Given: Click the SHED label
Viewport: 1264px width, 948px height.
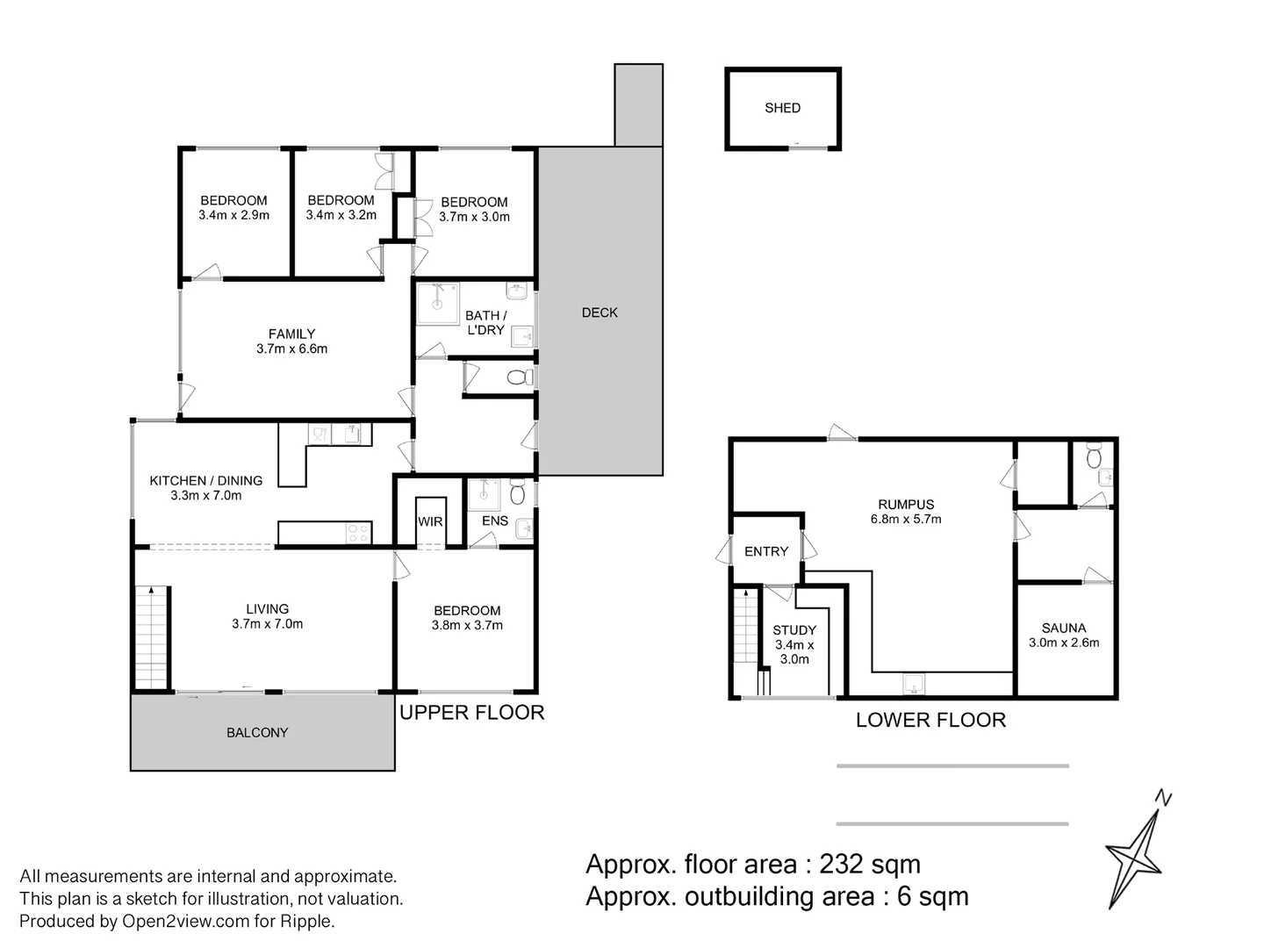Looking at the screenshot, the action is coord(782,108).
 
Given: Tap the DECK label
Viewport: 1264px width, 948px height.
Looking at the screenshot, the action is coord(599,312).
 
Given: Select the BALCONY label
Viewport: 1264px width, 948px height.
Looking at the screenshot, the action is coord(257,732).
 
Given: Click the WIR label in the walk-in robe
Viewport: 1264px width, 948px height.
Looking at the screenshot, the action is coord(430,521).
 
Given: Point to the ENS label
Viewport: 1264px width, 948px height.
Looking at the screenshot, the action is coord(495,521).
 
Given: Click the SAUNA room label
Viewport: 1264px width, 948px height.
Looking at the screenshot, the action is coord(1063,628).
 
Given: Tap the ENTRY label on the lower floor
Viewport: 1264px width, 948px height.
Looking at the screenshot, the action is coord(766,551).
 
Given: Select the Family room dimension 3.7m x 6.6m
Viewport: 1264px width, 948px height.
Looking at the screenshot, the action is coord(291,348).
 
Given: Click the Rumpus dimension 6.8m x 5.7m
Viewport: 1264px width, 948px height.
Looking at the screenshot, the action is coord(905,519).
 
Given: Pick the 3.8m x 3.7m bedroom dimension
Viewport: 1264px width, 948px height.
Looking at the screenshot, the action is coord(467,625).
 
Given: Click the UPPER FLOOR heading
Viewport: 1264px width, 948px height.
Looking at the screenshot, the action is coord(471,713).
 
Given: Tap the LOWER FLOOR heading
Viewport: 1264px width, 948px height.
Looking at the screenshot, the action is coord(930,720).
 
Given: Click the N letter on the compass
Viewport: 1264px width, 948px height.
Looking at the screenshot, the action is coord(1163,798).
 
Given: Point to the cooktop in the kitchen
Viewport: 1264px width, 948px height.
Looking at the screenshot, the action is coord(358,533).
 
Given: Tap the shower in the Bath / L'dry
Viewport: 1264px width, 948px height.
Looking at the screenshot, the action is coord(438,304).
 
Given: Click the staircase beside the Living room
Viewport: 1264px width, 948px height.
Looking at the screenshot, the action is coord(152,638).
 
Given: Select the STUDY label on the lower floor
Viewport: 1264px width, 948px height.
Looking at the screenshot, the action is coord(794,629).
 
